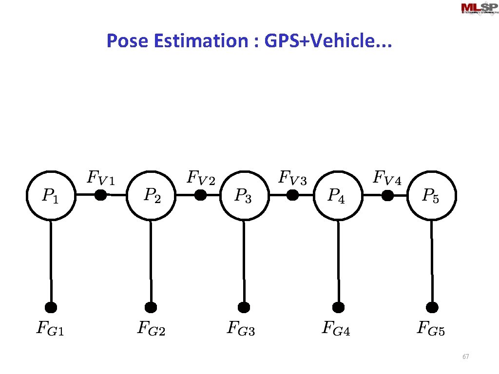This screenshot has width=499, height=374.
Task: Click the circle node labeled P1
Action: [x=51, y=195]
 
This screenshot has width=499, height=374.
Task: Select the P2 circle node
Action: [x=151, y=195]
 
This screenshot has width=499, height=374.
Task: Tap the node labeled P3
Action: [x=244, y=195]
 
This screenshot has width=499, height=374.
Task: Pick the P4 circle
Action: [x=338, y=195]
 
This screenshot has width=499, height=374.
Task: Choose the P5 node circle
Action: [x=431, y=195]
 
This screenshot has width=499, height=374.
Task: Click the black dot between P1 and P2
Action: [x=100, y=195]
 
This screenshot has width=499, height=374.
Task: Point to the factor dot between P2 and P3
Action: [x=200, y=195]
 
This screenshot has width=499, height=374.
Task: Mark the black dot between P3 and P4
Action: [x=292, y=195]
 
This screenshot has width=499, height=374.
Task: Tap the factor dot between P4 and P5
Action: [x=387, y=195]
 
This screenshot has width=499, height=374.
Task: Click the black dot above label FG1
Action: [x=51, y=307]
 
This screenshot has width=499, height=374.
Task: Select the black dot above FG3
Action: [x=244, y=307]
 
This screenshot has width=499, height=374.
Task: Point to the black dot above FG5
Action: [x=432, y=307]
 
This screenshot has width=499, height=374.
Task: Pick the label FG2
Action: [x=151, y=329]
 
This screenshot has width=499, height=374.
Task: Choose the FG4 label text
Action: [x=336, y=329]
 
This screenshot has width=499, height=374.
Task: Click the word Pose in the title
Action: [x=127, y=41]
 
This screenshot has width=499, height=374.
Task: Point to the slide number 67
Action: [x=465, y=357]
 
